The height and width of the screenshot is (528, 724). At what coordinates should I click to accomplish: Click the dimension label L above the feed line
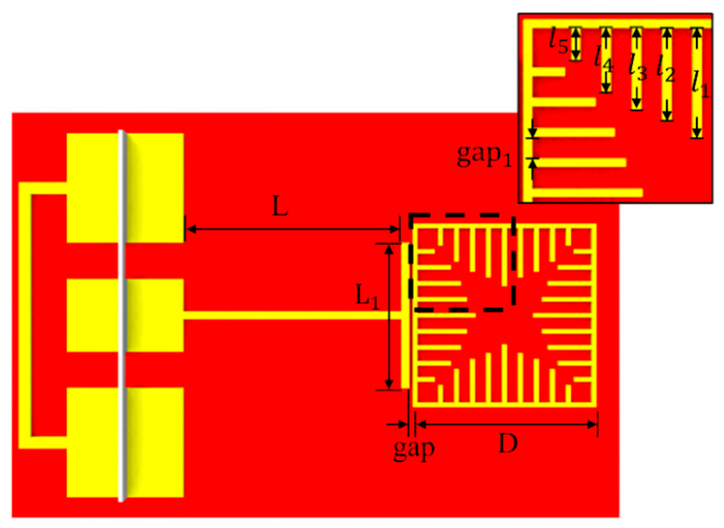280,206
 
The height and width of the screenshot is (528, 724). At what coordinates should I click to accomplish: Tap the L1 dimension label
368,297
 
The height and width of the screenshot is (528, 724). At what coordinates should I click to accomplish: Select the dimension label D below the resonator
508,443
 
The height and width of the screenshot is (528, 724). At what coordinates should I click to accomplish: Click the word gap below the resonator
414,450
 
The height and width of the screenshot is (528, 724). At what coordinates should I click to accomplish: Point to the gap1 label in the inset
484,156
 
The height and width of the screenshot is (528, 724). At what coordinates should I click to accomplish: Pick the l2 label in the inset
666,69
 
